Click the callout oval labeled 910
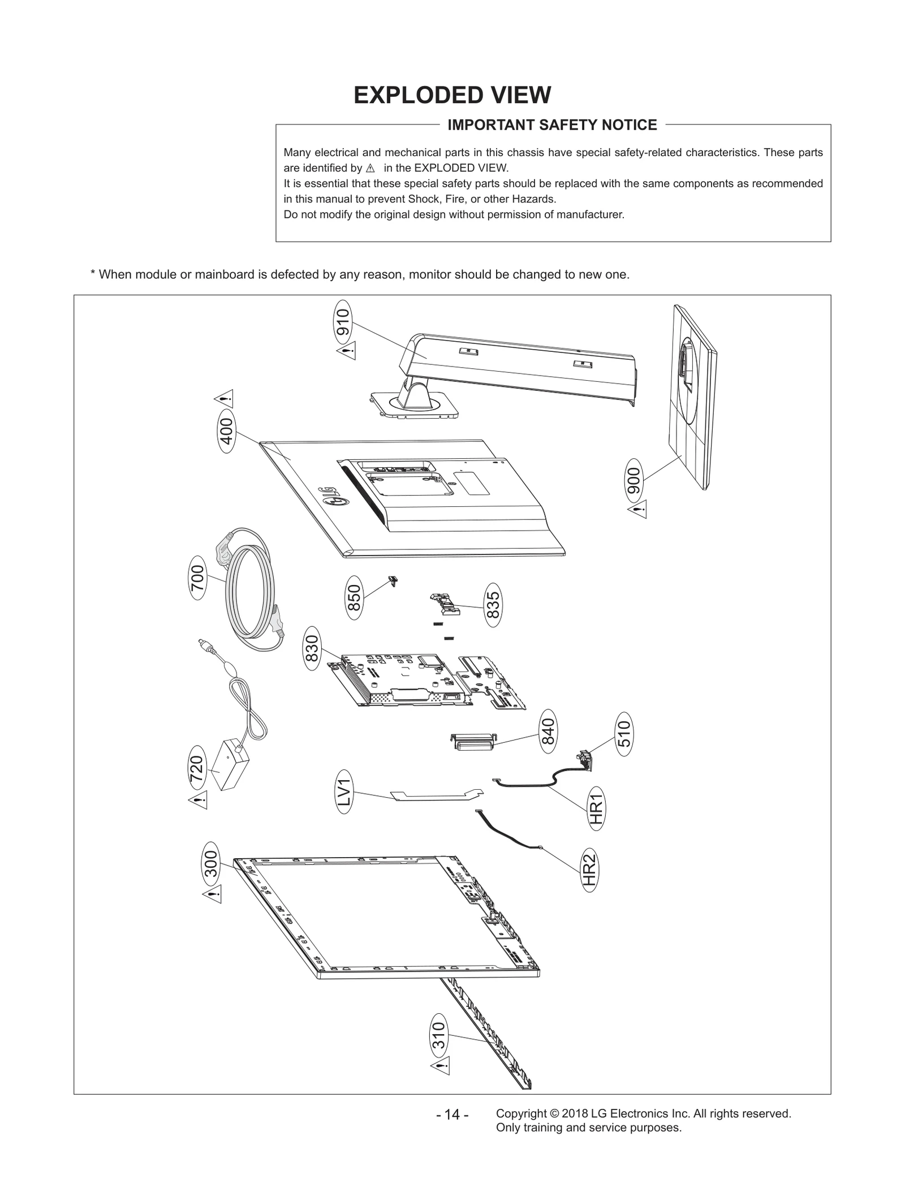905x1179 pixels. point(343,323)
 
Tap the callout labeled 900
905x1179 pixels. point(635,481)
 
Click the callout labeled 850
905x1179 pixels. point(354,597)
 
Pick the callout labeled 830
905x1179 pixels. point(312,648)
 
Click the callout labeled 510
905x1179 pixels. point(623,734)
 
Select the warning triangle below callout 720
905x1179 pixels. point(198,799)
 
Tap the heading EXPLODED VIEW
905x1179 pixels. point(452,95)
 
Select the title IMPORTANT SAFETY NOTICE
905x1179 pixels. point(552,125)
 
